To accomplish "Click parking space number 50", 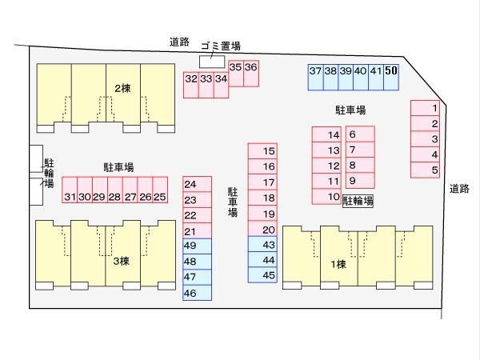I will [391, 71].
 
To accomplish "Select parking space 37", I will [315, 71].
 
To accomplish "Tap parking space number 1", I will [434, 108].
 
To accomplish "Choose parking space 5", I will [434, 170].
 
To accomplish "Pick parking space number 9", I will [352, 181].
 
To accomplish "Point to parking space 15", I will [269, 151].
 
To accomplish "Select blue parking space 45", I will [269, 275].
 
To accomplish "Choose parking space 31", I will [70, 197].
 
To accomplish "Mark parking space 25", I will [160, 197].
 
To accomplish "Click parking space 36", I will [251, 68].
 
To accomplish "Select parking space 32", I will [190, 79].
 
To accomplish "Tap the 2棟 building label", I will [122, 89].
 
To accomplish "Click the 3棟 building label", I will [120, 261].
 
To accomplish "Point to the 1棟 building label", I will [338, 265].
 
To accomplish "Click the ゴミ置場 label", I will [219, 46].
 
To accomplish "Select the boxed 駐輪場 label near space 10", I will [358, 201].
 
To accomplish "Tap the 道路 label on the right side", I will [459, 189].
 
